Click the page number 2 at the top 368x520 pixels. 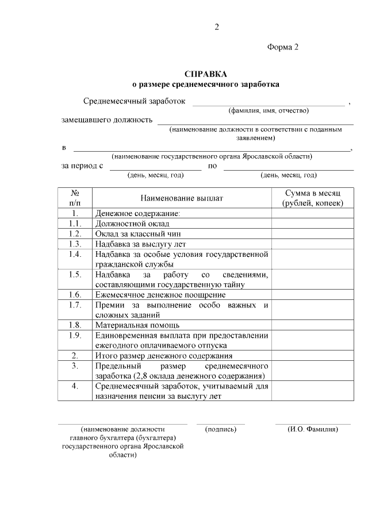[x=217, y=27]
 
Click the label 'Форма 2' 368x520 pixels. [x=283, y=47]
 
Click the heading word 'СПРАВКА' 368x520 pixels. [x=206, y=74]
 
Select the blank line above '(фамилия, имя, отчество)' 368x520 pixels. [x=269, y=105]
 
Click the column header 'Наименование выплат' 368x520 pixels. [x=182, y=198]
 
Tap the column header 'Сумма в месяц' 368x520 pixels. [x=313, y=193]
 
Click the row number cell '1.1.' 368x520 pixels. [x=75, y=224]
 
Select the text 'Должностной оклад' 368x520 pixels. [x=129, y=224]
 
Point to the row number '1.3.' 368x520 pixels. [x=75, y=244]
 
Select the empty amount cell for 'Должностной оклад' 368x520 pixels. [x=313, y=224]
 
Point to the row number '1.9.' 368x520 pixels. [x=75, y=335]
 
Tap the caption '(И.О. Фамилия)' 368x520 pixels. [x=313, y=429]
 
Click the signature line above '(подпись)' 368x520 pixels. [x=221, y=424]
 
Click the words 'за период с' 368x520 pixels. [x=82, y=167]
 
